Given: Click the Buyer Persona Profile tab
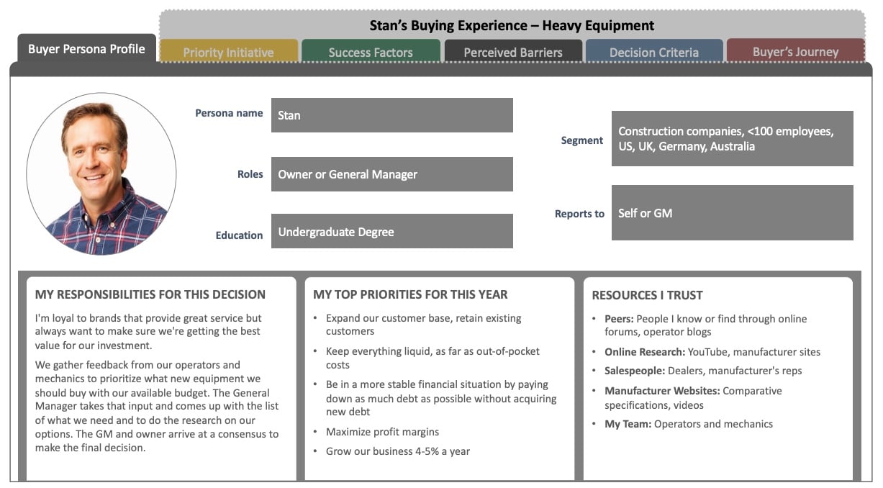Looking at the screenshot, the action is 86,48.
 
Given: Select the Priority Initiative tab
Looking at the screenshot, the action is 229,51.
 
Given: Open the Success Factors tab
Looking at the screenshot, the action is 371,51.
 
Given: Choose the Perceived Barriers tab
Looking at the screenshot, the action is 513,51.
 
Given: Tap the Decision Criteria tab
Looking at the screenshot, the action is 654,51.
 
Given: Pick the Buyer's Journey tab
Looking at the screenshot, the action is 796,51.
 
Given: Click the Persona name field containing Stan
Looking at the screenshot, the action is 391,115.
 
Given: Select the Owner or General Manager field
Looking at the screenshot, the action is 391,174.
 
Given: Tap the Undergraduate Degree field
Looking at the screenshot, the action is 391,231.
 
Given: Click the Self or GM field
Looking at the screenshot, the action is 733,213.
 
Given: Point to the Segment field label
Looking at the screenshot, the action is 582,140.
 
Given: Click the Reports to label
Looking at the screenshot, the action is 579,214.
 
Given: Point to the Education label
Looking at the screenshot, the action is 239,235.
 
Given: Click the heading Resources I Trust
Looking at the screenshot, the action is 647,295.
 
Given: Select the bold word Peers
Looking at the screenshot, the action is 619,319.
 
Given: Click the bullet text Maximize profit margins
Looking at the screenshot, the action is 382,432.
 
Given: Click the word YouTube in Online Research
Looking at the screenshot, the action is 708,352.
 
